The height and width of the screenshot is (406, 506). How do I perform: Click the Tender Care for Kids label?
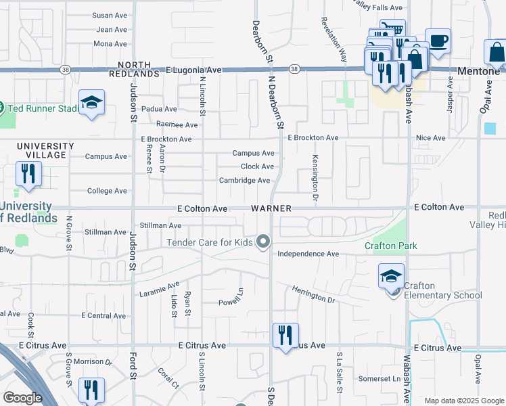[x=210, y=242]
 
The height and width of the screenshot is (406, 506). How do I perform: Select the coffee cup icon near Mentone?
[x=438, y=41]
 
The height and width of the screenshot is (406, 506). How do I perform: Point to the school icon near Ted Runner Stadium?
[x=91, y=103]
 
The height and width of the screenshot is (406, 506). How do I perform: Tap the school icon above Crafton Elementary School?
[x=392, y=276]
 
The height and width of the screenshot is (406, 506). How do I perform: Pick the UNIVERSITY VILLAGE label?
[x=45, y=150]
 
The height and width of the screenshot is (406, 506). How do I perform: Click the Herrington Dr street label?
[x=313, y=294]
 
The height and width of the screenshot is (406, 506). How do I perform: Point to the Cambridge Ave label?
[x=244, y=181]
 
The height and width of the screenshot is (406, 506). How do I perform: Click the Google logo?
[x=22, y=398]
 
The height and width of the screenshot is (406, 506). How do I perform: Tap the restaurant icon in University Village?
[x=28, y=174]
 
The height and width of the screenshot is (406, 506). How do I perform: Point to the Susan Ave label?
[x=110, y=15]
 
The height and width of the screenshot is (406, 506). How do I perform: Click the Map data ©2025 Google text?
[x=463, y=401]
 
